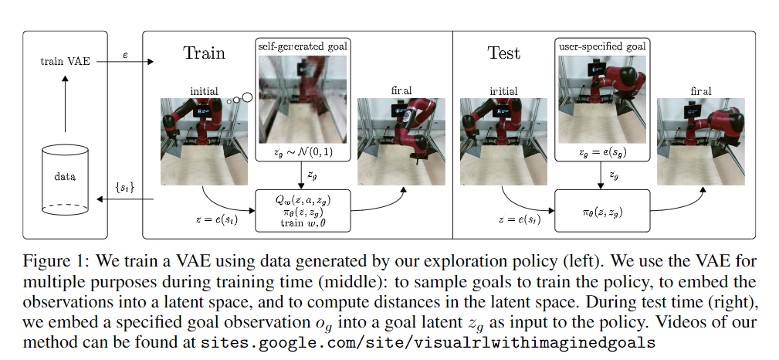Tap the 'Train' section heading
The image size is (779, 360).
pos(204,53)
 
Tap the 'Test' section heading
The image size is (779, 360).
pos(503,53)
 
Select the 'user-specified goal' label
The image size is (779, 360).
pos(601,48)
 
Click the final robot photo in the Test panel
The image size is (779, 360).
pos(700,141)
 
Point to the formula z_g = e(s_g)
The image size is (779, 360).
pos(601,154)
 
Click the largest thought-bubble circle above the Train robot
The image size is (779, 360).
pos(247,97)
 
